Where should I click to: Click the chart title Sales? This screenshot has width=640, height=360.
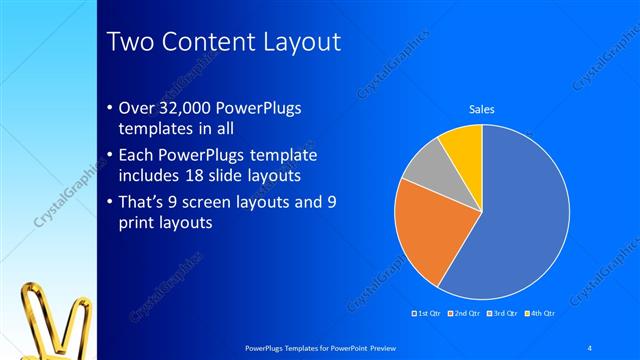coord(482,109)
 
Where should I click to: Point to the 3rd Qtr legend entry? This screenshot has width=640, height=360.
coord(503,314)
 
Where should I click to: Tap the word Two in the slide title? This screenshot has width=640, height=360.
coord(130,42)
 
